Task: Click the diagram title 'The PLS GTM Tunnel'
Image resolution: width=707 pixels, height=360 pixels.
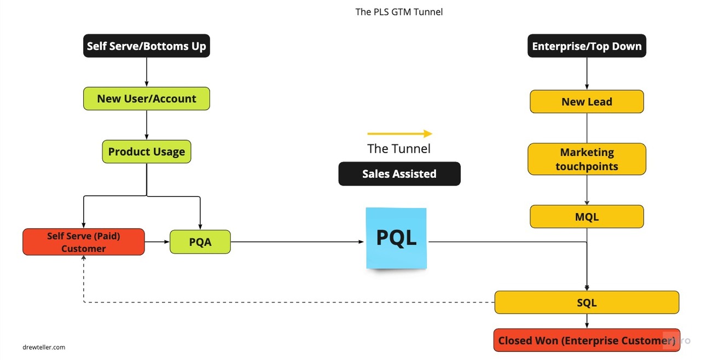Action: pyautogui.click(x=399, y=11)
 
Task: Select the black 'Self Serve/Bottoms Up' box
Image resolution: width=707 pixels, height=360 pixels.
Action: pyautogui.click(x=147, y=47)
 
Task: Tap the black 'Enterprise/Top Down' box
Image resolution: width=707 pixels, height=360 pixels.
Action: pyautogui.click(x=587, y=47)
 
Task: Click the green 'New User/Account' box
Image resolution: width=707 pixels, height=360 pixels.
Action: pyautogui.click(x=147, y=99)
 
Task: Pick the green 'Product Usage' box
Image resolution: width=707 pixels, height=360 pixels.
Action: pyautogui.click(x=147, y=152)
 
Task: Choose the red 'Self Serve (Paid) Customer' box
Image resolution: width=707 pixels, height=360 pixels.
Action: pyautogui.click(x=84, y=242)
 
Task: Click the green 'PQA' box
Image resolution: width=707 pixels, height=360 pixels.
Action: pyautogui.click(x=200, y=242)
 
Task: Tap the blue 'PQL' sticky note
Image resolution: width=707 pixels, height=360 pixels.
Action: pyautogui.click(x=396, y=238)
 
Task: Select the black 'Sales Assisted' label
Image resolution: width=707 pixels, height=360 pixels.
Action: pyautogui.click(x=399, y=174)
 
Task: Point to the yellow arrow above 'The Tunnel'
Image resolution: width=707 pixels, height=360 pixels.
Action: pyautogui.click(x=399, y=133)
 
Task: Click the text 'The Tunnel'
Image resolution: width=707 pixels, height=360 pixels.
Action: pyautogui.click(x=399, y=149)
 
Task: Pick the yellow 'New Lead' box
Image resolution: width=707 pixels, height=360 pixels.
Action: pyautogui.click(x=587, y=102)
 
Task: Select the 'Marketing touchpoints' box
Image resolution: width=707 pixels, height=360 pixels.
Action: pyautogui.click(x=587, y=159)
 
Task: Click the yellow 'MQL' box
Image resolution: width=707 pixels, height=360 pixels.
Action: pyautogui.click(x=587, y=217)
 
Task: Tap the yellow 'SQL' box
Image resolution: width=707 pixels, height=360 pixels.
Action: pyautogui.click(x=587, y=303)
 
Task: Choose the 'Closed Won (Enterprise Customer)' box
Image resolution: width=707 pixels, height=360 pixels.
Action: pyautogui.click(x=587, y=340)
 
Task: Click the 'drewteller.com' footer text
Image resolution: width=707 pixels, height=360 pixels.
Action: pyautogui.click(x=44, y=347)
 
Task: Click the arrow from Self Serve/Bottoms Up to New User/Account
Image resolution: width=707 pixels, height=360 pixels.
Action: pyautogui.click(x=147, y=72)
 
